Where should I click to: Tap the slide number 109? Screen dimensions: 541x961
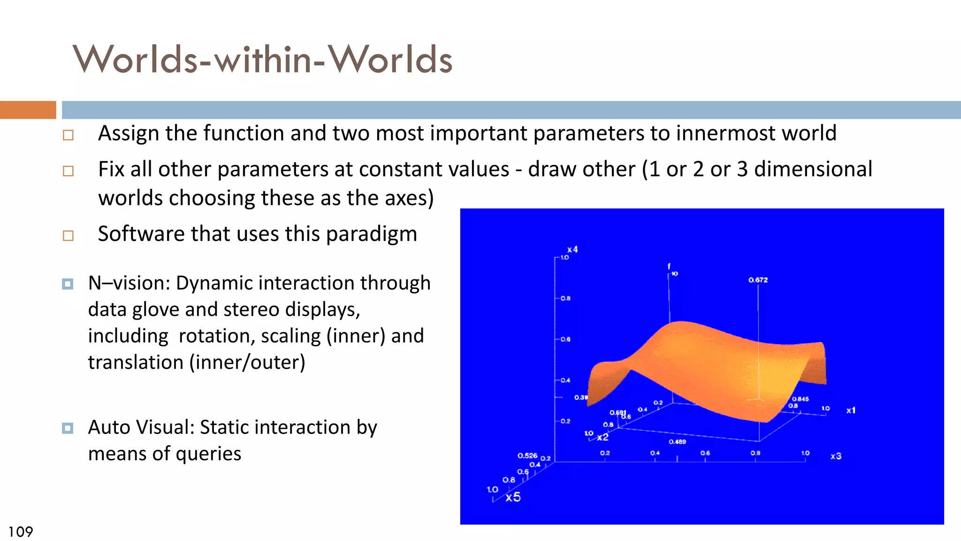tap(21, 532)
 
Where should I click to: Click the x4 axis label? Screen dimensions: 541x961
tap(572, 249)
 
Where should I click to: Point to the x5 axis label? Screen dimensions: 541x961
tap(513, 497)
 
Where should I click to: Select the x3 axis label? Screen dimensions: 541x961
tap(836, 456)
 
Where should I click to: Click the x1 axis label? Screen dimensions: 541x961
tap(851, 410)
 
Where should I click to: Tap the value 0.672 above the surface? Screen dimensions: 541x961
tap(758, 280)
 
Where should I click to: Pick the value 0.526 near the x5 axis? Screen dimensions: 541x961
tap(527, 456)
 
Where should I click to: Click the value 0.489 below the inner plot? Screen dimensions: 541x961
tap(677, 442)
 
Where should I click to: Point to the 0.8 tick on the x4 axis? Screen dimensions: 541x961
tap(565, 298)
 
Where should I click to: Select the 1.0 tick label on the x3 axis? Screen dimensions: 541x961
tap(805, 453)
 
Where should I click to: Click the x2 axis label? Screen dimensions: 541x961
tap(603, 437)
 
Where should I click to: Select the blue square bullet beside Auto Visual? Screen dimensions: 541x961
tap(68, 428)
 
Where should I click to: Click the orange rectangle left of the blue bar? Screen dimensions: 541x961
tap(28, 109)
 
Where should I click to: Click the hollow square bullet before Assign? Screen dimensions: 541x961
tap(69, 135)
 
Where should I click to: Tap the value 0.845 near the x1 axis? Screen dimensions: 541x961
tap(801, 399)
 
